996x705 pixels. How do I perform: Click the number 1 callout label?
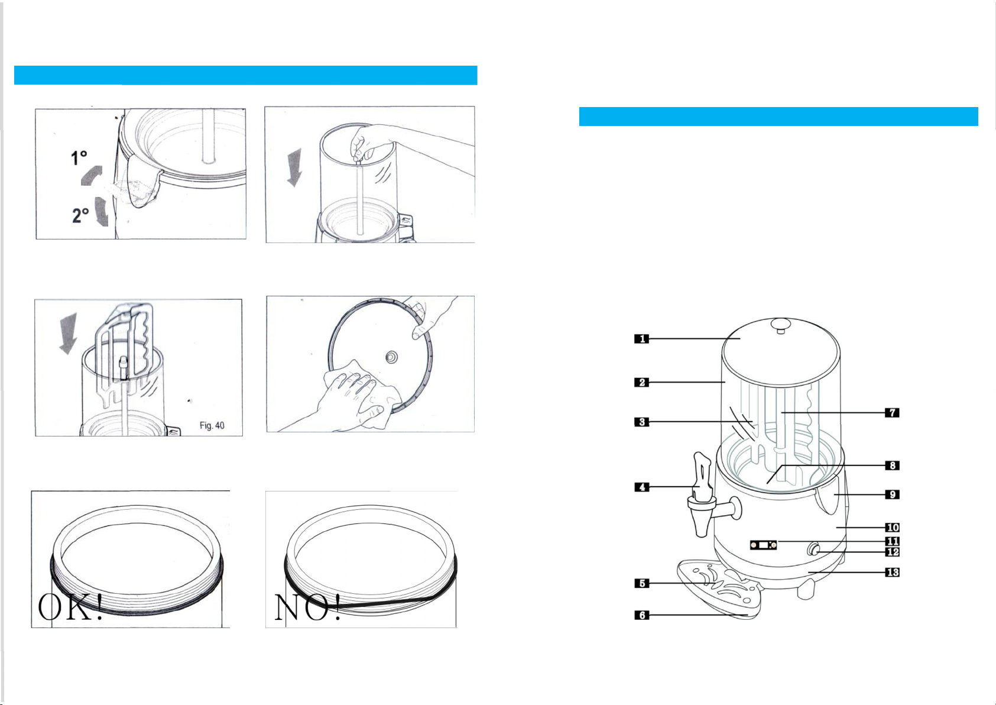(x=641, y=339)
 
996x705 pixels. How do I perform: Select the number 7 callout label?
(x=892, y=413)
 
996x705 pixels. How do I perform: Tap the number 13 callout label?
(x=892, y=572)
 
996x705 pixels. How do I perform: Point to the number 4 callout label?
(x=641, y=487)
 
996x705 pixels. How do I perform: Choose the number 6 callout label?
(x=641, y=615)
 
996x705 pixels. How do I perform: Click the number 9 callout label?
(x=892, y=494)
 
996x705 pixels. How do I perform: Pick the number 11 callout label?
(x=892, y=541)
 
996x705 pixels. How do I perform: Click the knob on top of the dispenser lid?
(x=780, y=326)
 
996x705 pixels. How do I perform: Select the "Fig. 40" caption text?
(x=212, y=426)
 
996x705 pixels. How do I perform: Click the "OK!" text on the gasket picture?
(x=70, y=607)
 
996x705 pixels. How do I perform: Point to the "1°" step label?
(x=79, y=158)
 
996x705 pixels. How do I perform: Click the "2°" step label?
(x=80, y=215)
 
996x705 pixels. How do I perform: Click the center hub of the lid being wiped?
(x=391, y=357)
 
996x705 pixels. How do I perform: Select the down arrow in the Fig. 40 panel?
(x=69, y=334)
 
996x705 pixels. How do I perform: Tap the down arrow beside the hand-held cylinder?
(x=294, y=168)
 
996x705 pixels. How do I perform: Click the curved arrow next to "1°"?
(x=92, y=175)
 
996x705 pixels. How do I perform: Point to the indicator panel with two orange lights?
(x=764, y=545)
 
